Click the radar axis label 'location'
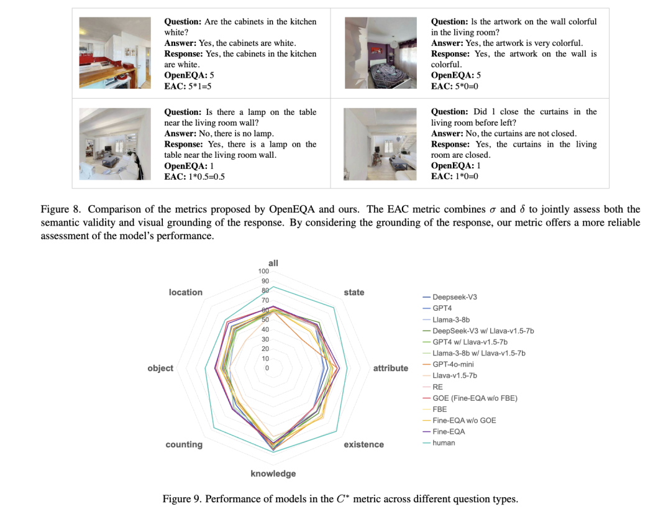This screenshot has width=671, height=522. [185, 292]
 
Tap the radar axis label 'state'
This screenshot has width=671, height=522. [354, 292]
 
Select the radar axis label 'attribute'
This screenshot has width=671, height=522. [390, 368]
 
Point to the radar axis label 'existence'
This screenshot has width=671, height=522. [363, 444]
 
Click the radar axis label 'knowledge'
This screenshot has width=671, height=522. [273, 474]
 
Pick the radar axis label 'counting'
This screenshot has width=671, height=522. [184, 444]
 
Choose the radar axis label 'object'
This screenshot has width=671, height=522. [160, 368]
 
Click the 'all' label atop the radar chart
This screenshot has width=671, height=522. [273, 263]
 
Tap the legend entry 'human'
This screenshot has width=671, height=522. [444, 442]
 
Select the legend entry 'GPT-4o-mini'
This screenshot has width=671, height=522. [454, 364]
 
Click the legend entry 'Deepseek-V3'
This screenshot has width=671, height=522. [454, 297]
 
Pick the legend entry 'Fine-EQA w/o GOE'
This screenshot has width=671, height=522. [464, 420]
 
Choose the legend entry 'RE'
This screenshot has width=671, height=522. [437, 387]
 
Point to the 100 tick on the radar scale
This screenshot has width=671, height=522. [263, 272]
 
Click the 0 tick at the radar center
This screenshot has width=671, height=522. [267, 369]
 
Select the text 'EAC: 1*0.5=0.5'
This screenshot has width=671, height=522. [194, 176]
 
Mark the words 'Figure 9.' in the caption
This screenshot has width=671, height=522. [181, 499]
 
